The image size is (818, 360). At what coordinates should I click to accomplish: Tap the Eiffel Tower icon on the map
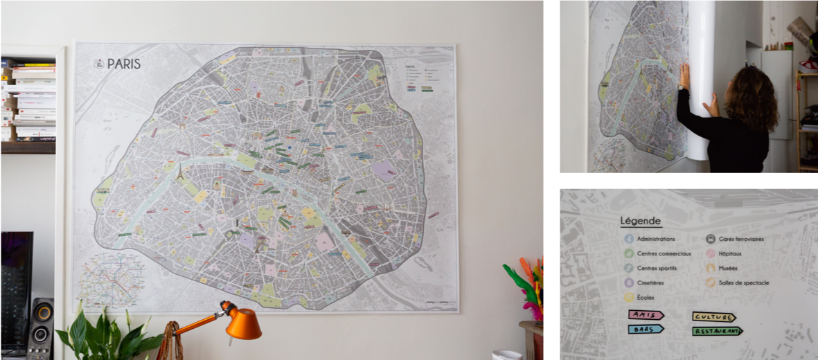pos(179,172)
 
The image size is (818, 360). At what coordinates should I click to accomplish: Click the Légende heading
pos(641,221)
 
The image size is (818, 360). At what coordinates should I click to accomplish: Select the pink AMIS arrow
pos(646,315)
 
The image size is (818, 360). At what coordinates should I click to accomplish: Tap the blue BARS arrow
pos(646,329)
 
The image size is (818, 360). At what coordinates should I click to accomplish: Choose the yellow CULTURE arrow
pos(713,317)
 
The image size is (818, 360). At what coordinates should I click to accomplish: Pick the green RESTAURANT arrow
pos(717,332)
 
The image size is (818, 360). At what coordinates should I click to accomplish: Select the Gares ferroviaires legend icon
pos(711,239)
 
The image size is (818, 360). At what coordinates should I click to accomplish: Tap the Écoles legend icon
pos(628,297)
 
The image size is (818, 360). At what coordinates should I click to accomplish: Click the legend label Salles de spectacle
pos(744,282)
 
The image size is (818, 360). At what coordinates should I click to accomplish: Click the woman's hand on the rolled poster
pos(684,75)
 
